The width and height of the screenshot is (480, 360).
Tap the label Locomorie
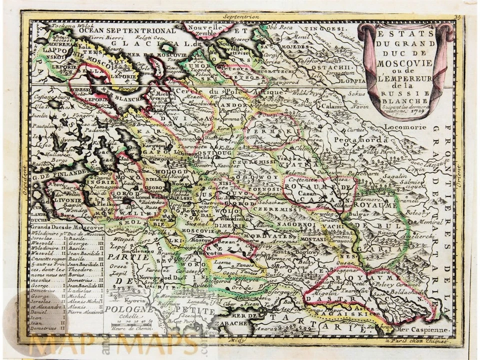point(403,127)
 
